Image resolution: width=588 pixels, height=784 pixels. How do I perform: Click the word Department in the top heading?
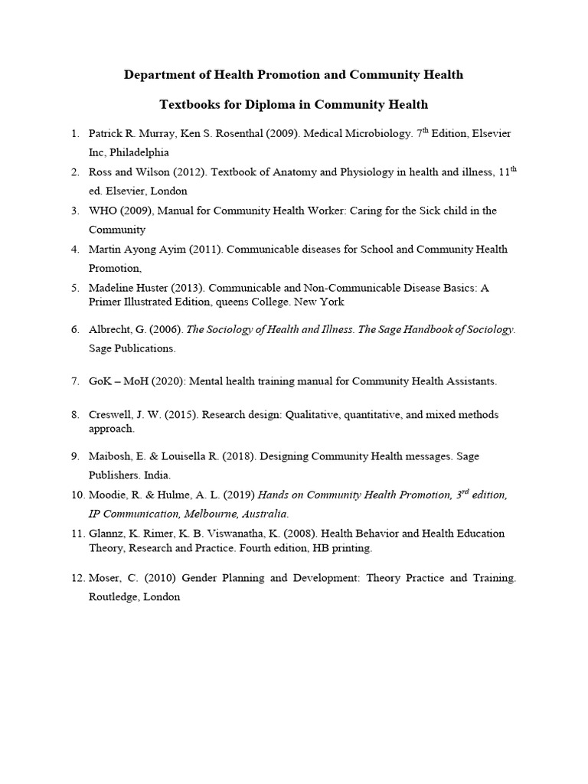(158, 75)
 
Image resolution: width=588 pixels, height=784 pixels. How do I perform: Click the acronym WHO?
(103, 211)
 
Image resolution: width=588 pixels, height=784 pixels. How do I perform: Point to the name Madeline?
(112, 288)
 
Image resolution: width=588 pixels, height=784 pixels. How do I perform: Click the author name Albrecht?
(112, 329)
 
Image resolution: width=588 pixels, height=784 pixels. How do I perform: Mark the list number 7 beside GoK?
(75, 381)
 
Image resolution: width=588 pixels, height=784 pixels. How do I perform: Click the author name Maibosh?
(112, 456)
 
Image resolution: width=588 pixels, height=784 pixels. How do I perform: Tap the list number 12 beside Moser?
(75, 578)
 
